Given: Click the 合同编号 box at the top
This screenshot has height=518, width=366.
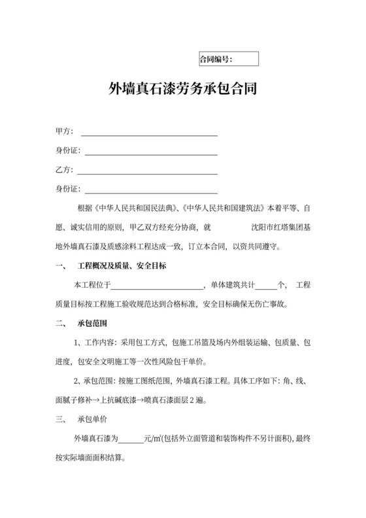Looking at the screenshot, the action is (228, 60).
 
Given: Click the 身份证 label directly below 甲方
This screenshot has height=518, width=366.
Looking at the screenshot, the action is (67, 152).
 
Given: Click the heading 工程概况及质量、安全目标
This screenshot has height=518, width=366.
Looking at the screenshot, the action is (122, 266).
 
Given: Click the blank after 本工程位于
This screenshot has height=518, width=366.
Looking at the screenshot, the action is (159, 286).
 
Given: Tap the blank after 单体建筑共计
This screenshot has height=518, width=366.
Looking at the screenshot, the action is (265, 286).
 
